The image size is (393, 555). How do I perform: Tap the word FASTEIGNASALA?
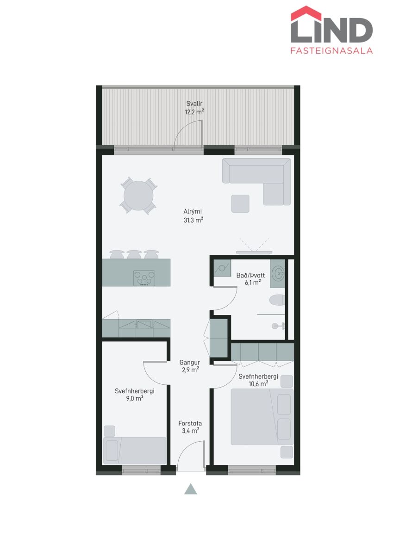pyautogui.click(x=331, y=51)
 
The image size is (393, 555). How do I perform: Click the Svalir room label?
pyautogui.click(x=194, y=104)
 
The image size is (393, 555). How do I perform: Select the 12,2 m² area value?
pyautogui.click(x=194, y=112)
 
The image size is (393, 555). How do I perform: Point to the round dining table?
pyautogui.click(x=138, y=196)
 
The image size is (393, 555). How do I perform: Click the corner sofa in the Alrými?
pyautogui.click(x=256, y=182)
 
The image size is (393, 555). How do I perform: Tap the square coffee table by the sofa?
pyautogui.click(x=240, y=203)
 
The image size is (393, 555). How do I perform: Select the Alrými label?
pyautogui.click(x=193, y=211)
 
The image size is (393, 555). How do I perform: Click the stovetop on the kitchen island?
pyautogui.click(x=144, y=278)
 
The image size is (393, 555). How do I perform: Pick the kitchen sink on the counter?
pyautogui.click(x=144, y=324)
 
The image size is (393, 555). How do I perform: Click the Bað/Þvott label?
pyautogui.click(x=250, y=275)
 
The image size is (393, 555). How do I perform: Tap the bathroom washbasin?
pyautogui.click(x=278, y=274)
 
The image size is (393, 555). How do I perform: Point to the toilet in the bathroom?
pyautogui.click(x=277, y=300)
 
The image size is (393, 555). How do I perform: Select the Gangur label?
pyautogui.click(x=190, y=363)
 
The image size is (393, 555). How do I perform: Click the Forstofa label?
pyautogui.click(x=190, y=423)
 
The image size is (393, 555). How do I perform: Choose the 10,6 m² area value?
pyautogui.click(x=258, y=384)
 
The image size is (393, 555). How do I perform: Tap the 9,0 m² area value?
pyautogui.click(x=134, y=398)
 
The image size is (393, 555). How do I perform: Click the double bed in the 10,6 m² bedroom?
pyautogui.click(x=262, y=417)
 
